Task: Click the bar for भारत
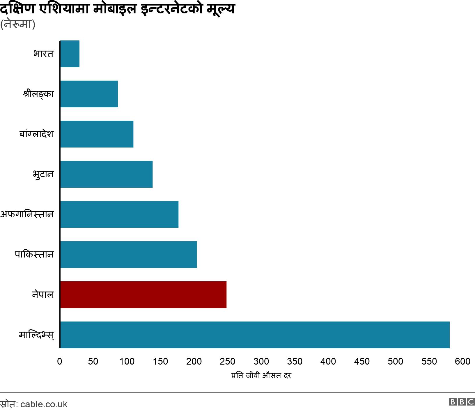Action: tap(70, 54)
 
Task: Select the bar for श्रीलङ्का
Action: tap(89, 94)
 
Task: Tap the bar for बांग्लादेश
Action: tap(97, 134)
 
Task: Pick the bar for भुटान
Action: tap(107, 174)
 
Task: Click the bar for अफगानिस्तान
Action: tap(119, 214)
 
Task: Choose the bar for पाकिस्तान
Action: tap(129, 255)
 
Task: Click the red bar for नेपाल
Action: tap(143, 295)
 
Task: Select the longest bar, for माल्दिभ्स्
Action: tap(255, 335)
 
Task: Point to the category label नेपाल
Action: tap(43, 295)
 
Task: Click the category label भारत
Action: tap(43, 54)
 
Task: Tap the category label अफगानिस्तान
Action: tap(27, 214)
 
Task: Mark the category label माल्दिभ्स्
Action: tap(36, 335)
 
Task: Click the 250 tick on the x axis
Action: tap(228, 361)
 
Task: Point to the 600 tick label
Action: tap(462, 361)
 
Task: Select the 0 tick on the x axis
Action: tap(60, 361)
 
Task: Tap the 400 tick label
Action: tap(328, 361)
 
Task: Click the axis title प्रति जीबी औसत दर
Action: tap(261, 375)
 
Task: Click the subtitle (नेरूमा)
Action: tap(18, 24)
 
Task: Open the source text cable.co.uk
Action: tap(44, 404)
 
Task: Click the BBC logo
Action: tap(462, 402)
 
